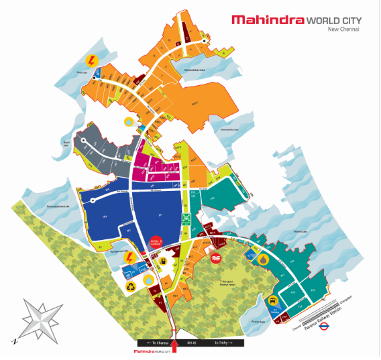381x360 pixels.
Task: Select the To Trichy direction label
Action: click(x=223, y=342)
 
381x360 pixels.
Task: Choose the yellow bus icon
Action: click(x=274, y=302)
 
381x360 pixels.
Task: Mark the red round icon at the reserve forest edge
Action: click(x=217, y=257)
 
